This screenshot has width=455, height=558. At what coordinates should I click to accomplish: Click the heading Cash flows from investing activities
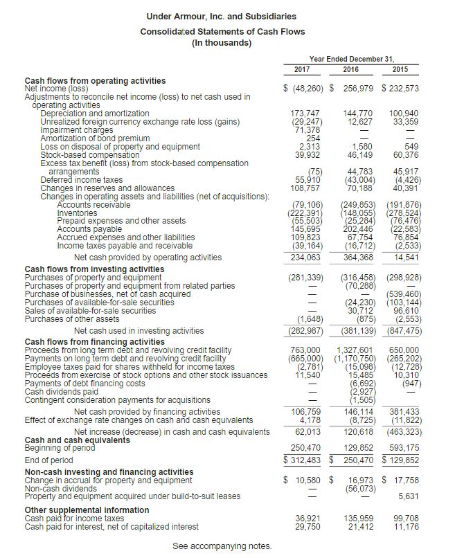(x=94, y=269)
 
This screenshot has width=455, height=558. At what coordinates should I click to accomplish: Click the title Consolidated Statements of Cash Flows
(x=222, y=32)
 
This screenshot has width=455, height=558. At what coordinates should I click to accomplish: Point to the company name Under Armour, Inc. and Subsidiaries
(x=222, y=16)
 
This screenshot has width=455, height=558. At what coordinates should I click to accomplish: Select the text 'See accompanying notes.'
(x=222, y=546)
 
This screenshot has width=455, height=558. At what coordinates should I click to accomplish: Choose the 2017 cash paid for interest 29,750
(x=308, y=526)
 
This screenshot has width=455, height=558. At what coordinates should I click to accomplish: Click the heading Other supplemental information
(x=87, y=510)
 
